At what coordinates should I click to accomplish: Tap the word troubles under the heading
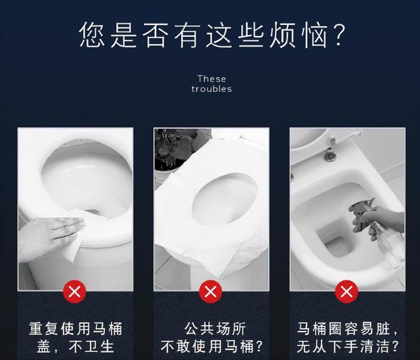[x=211, y=89]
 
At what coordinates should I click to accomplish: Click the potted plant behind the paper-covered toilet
[x=175, y=148]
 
